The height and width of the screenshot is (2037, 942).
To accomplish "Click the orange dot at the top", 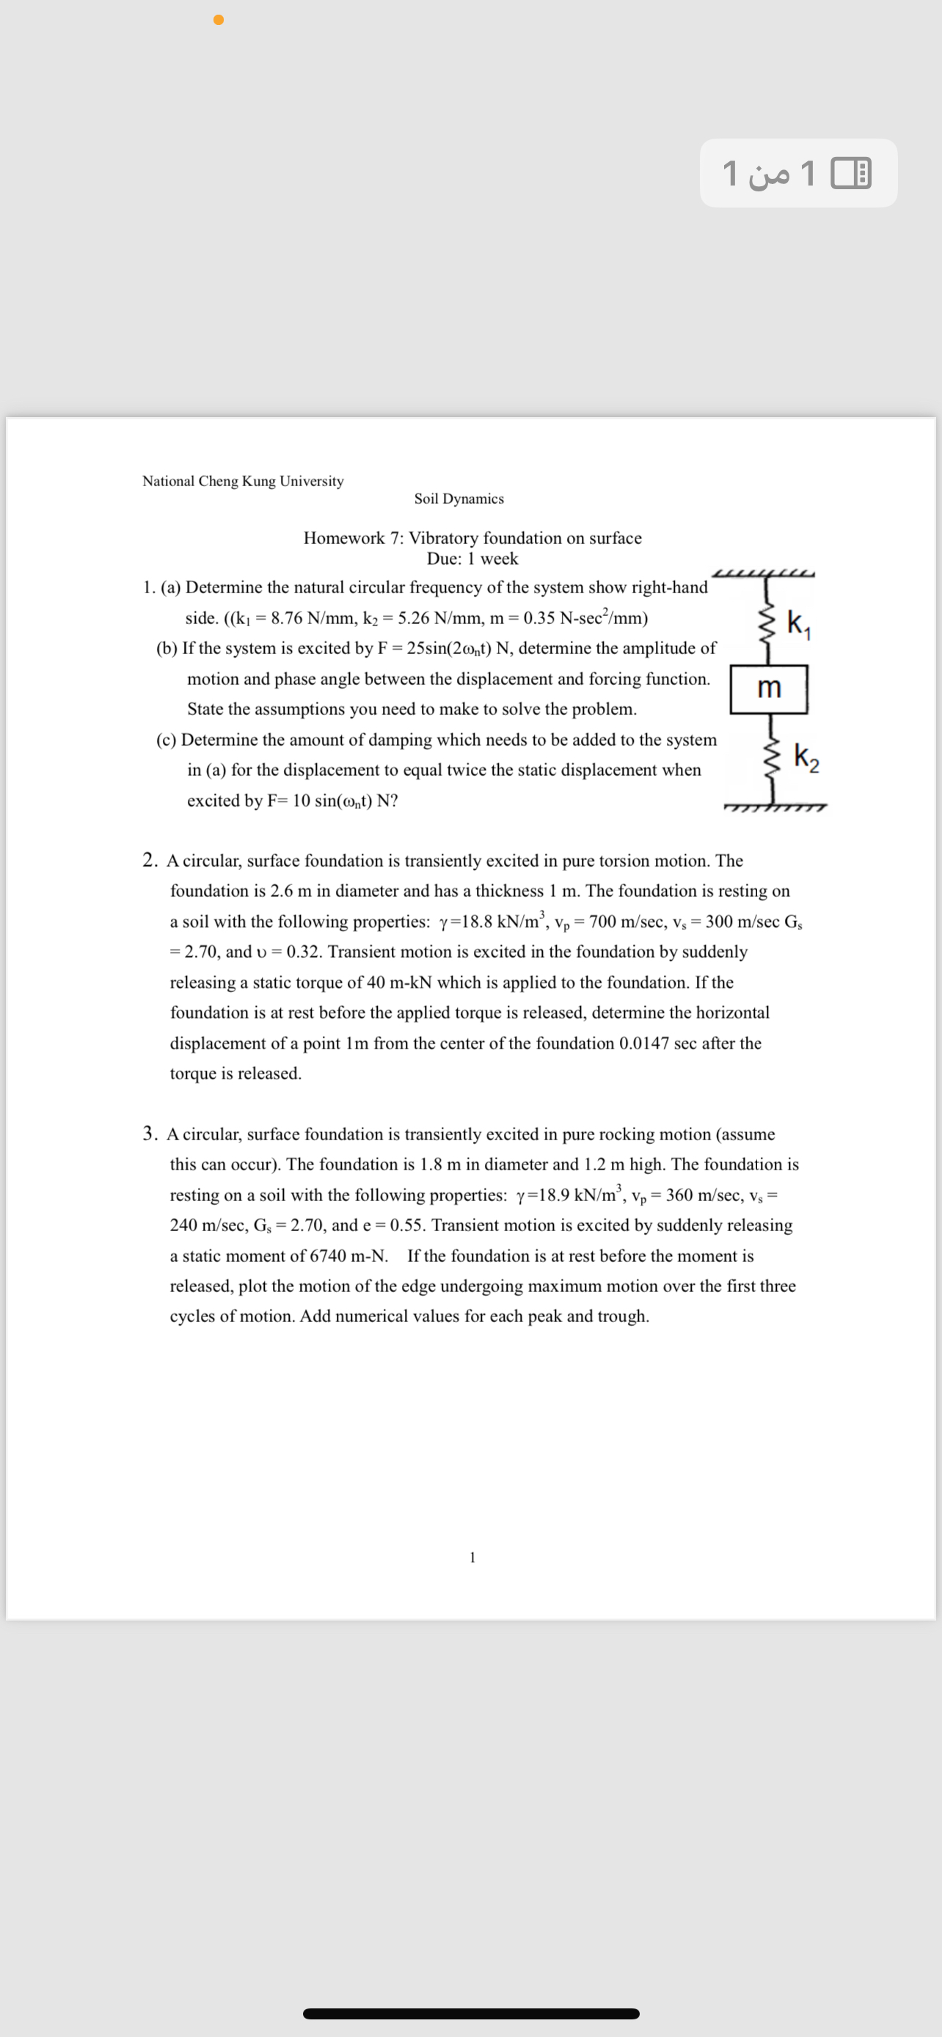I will [x=219, y=19].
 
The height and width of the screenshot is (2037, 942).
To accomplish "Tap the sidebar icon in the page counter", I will [x=851, y=173].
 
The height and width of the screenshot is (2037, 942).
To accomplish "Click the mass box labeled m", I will [x=769, y=689].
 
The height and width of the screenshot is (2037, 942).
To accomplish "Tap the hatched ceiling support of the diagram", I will [x=764, y=573].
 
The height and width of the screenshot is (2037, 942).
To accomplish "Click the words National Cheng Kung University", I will [x=243, y=481].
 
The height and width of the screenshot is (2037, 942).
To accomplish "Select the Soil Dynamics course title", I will [x=459, y=498].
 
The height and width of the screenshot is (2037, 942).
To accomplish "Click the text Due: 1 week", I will [x=472, y=558].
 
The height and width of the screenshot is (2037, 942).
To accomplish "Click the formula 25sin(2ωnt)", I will [x=449, y=648].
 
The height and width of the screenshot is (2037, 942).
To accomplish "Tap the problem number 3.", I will [x=150, y=1133].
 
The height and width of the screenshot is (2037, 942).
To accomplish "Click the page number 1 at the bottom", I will [x=472, y=1557].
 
